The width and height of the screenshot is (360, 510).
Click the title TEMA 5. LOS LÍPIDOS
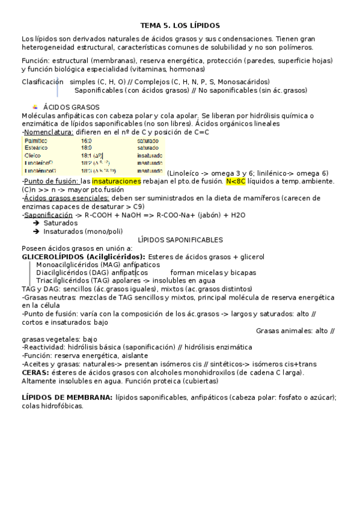180,26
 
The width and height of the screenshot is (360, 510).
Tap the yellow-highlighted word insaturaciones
116,181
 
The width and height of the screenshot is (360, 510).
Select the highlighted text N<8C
235,181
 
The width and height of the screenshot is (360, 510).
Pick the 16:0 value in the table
87,140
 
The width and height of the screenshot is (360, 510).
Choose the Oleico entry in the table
33,155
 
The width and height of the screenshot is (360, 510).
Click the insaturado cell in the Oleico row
149,155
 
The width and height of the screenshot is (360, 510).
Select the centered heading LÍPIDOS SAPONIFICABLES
180,240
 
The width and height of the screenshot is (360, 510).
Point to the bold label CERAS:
34,372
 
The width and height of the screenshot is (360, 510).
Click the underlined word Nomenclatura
49,132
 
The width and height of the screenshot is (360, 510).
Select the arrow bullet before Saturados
37,223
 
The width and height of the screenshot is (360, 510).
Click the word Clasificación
42,82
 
